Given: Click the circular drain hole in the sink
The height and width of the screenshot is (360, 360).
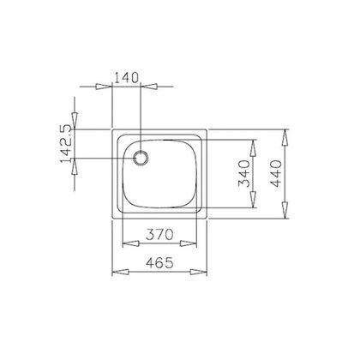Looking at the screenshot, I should [x=141, y=158].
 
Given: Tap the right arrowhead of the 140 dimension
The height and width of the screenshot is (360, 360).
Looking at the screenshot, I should [x=149, y=86].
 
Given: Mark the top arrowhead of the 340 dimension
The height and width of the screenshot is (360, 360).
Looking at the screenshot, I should [x=254, y=141].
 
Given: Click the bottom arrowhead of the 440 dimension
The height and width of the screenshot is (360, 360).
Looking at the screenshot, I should [x=286, y=218].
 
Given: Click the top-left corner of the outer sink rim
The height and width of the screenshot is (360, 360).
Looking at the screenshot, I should [x=114, y=130].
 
